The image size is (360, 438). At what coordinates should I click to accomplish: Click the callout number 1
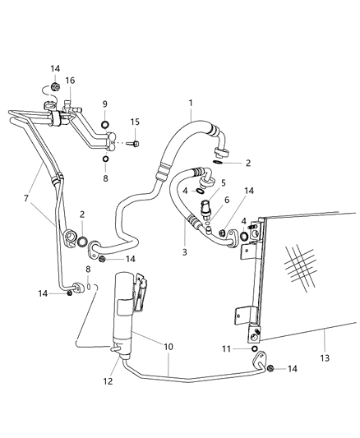tap(190, 104)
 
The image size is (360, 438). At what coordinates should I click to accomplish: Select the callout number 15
tap(134, 122)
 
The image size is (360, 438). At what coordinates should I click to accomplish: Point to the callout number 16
tap(70, 80)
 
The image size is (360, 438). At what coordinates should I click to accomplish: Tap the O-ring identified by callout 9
tap(105, 126)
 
